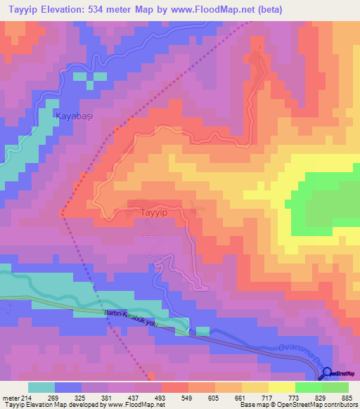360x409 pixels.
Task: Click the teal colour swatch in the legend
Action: (41, 387)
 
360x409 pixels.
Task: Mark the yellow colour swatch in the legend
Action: (281, 387)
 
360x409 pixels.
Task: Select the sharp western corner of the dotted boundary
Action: (62, 215)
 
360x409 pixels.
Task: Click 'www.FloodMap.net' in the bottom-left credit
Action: (137, 405)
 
